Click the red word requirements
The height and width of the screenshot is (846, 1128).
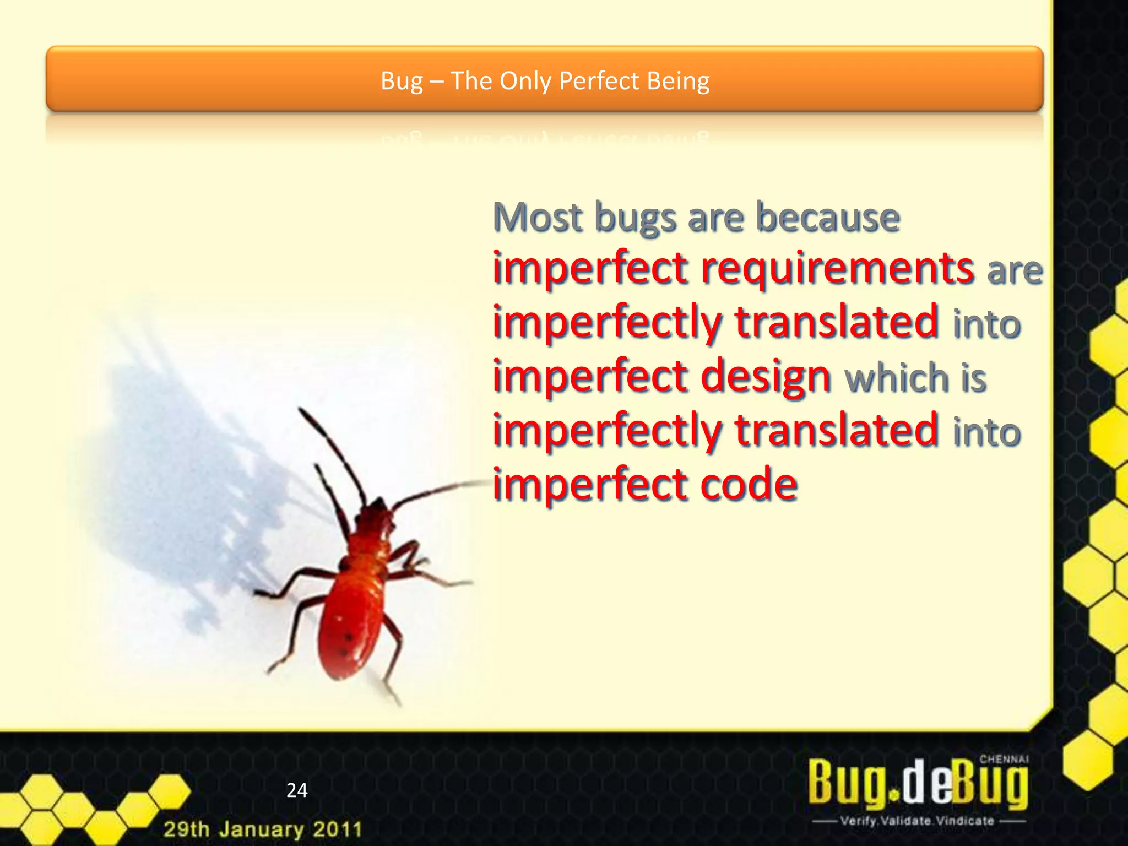point(837,269)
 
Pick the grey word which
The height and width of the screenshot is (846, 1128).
point(896,378)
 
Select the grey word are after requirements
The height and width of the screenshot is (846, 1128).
point(1015,270)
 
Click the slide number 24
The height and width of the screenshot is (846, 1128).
point(297,790)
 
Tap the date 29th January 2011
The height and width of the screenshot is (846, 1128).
point(263,829)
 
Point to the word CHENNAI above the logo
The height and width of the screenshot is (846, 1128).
point(1004,759)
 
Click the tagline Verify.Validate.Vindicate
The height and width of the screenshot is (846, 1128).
point(918,821)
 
